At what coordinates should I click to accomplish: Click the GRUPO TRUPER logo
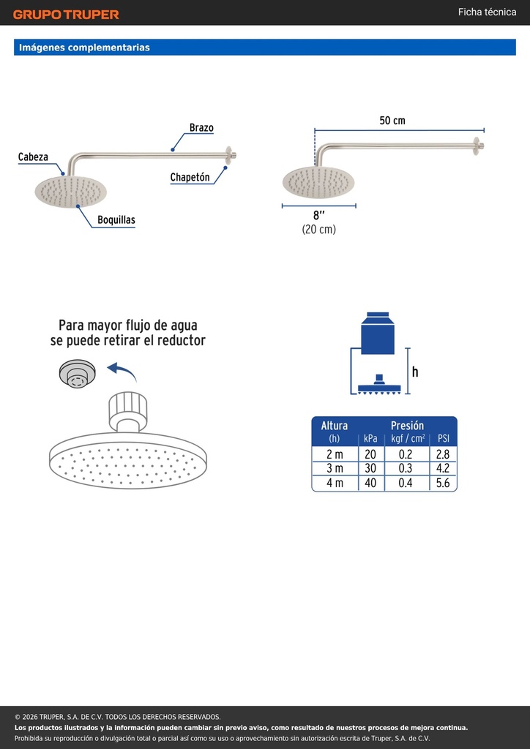click(x=66, y=15)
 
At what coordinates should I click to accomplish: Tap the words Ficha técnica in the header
click(x=487, y=12)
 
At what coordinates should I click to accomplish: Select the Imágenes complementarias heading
click(x=84, y=48)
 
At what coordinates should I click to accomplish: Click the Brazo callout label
click(x=201, y=127)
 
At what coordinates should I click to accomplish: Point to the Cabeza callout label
click(x=33, y=157)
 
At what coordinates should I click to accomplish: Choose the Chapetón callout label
click(x=190, y=177)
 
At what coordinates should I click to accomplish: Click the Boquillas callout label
click(x=116, y=219)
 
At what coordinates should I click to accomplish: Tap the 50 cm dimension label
click(x=392, y=121)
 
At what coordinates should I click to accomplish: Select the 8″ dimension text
click(x=318, y=216)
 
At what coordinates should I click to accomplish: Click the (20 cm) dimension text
click(x=318, y=229)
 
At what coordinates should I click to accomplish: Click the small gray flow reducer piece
click(x=77, y=372)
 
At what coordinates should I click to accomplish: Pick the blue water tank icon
click(x=378, y=334)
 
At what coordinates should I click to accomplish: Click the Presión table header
click(x=407, y=425)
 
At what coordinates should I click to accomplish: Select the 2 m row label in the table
click(x=335, y=453)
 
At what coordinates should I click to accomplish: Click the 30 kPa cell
click(x=370, y=468)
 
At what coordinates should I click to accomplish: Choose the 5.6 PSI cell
click(x=443, y=483)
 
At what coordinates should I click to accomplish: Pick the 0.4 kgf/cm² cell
click(x=406, y=483)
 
